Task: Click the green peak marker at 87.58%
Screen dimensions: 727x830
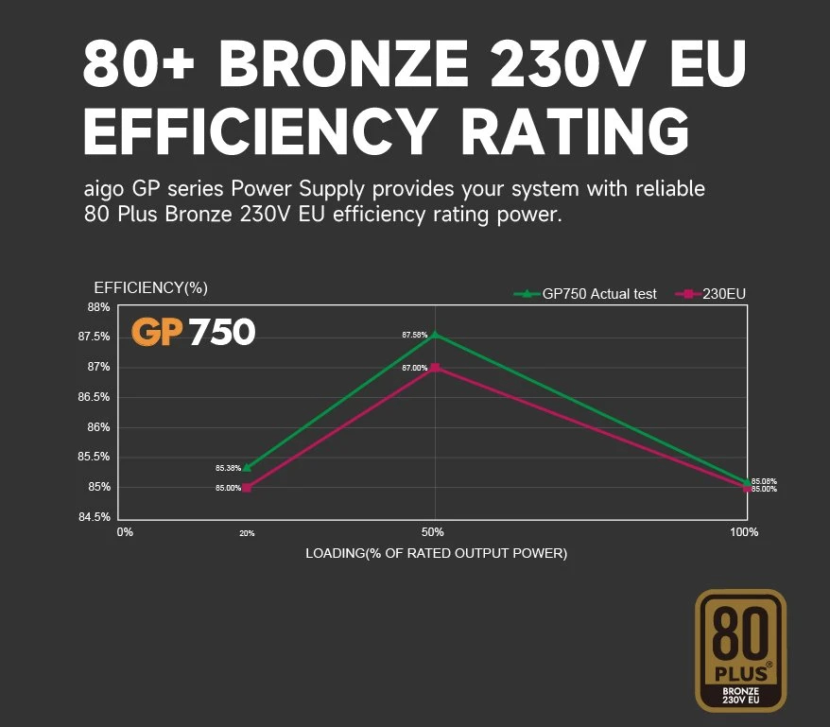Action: click(435, 334)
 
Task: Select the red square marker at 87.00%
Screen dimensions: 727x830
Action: click(435, 368)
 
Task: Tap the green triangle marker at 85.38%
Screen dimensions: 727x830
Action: click(247, 468)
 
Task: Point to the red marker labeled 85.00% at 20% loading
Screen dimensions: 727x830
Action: click(247, 488)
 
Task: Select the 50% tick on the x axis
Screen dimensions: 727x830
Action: click(433, 532)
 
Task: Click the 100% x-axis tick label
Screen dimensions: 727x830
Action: click(744, 532)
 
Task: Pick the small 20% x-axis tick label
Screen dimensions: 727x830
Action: click(247, 534)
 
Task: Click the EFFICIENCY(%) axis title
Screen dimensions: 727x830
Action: click(150, 287)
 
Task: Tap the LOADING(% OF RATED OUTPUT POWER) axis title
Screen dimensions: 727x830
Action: click(436, 552)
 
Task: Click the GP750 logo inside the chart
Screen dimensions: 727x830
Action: click(193, 332)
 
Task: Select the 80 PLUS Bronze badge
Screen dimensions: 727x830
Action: click(740, 650)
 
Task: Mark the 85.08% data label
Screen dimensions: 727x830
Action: click(764, 481)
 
